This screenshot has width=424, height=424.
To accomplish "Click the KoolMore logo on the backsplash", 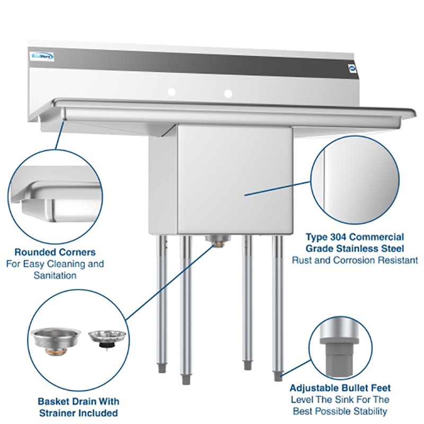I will tap(42, 56).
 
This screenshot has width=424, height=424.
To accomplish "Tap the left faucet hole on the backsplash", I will tap(172, 92).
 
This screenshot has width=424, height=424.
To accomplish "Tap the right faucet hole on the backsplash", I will tap(228, 94).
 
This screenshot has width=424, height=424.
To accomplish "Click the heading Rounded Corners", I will tap(55, 252).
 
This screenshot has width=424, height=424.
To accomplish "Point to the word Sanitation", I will tap(55, 276).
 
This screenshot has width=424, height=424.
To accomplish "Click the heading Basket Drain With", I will tap(78, 402).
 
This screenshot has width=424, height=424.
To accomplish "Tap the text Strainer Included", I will tap(78, 413).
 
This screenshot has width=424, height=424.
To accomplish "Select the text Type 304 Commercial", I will tap(355, 237).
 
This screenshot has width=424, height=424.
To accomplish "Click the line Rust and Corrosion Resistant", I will tap(355, 260).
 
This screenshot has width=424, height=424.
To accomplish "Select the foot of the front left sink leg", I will tap(185, 379).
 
